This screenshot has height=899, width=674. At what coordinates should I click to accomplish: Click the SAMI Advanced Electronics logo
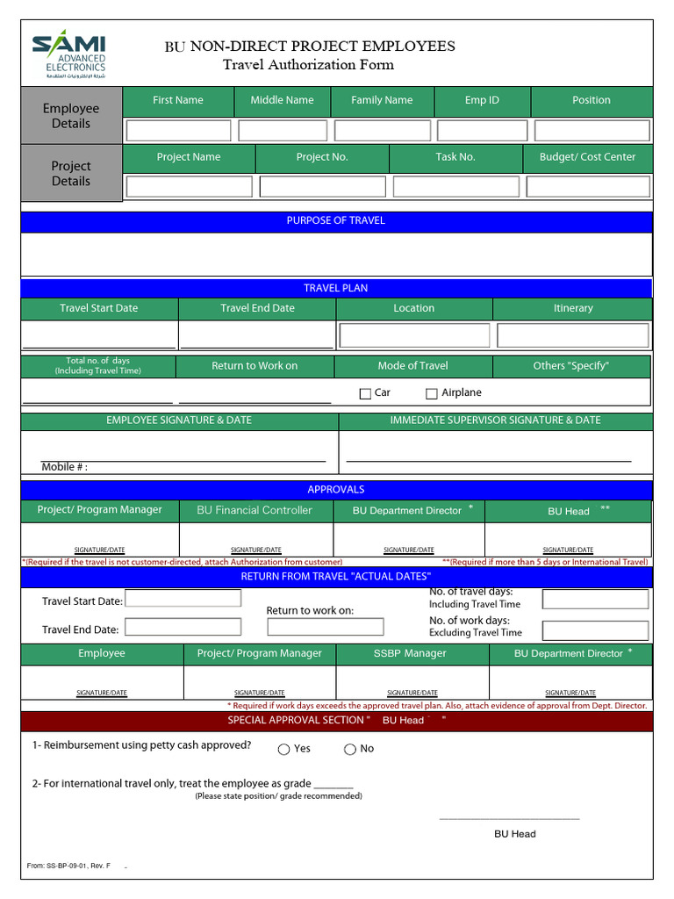[x=69, y=55]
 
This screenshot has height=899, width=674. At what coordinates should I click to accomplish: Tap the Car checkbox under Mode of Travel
[x=365, y=394]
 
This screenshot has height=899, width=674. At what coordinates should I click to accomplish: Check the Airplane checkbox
[x=432, y=394]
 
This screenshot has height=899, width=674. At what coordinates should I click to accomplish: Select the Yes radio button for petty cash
[x=283, y=749]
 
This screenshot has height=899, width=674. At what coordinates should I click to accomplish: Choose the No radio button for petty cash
[x=350, y=749]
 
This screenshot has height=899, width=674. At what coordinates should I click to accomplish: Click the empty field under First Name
[x=178, y=131]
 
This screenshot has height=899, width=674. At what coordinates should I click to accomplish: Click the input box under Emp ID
[x=482, y=131]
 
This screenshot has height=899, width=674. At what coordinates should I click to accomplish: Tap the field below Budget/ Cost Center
[x=588, y=186]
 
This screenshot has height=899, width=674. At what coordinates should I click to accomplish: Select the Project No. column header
[x=322, y=157]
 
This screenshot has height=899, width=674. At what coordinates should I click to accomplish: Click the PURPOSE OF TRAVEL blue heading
[x=336, y=220]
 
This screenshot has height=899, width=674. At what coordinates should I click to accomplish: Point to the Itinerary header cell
[x=573, y=308]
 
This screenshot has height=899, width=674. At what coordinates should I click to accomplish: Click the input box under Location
[x=414, y=335]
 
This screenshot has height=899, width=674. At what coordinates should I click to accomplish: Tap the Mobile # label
[x=65, y=467]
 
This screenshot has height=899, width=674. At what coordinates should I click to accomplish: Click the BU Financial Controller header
[x=255, y=510]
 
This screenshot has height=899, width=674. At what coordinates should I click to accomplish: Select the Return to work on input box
[x=326, y=627]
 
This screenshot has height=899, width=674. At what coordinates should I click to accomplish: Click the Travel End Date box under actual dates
[x=183, y=627]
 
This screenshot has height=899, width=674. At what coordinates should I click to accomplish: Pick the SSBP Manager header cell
[x=410, y=653]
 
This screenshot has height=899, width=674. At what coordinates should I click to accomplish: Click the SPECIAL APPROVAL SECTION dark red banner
[x=336, y=721]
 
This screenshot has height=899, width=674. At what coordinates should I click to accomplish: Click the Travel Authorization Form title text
[x=308, y=65]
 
